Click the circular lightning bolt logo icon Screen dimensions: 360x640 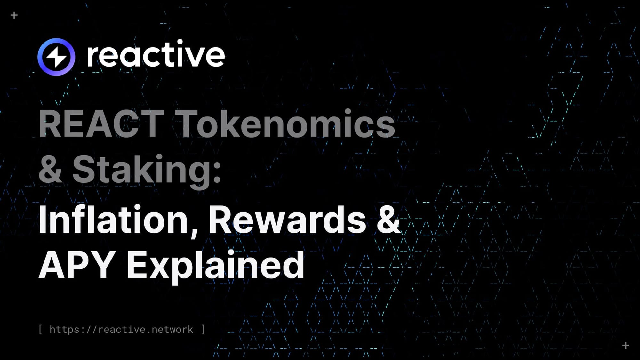[56, 57]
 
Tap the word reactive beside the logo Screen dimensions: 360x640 [156, 55]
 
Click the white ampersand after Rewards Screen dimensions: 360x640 [388, 220]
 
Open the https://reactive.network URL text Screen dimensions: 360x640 [121, 329]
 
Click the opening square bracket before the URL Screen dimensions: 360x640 [41, 329]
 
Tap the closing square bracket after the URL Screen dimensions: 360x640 [203, 329]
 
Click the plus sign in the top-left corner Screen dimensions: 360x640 [14, 15]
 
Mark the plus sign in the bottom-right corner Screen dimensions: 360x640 [626, 345]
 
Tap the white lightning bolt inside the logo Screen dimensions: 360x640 [56, 57]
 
